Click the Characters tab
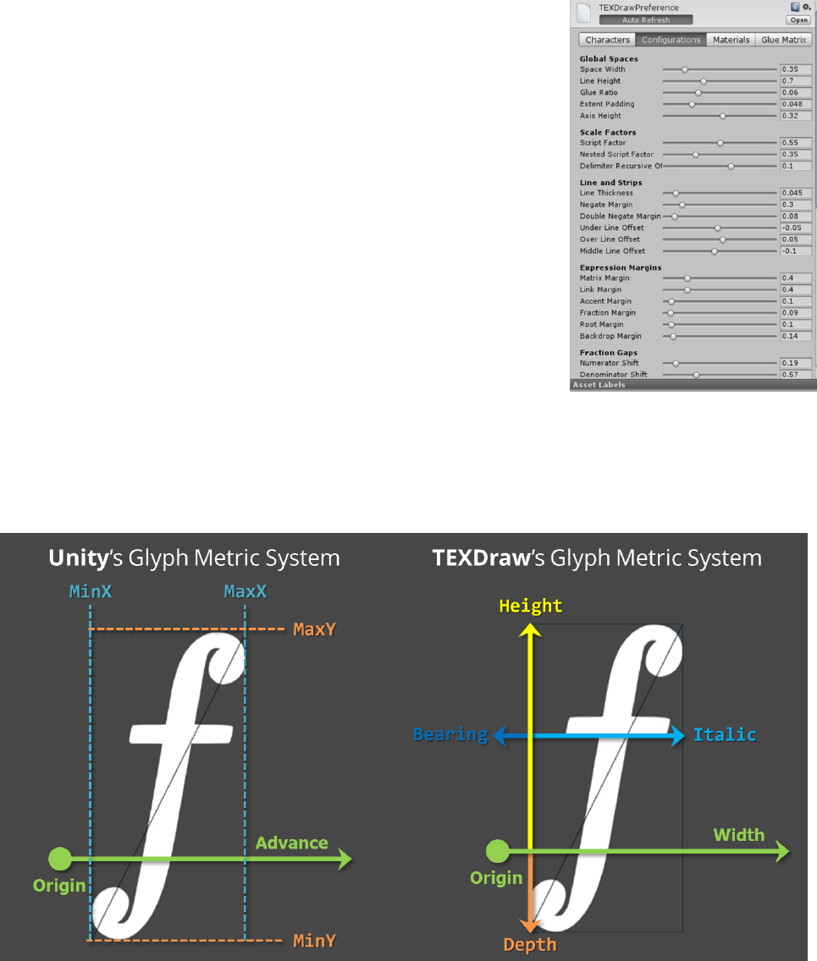606,40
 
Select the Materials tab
731,40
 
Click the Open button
798,19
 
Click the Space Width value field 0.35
796,69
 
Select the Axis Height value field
796,115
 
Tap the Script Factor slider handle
720,143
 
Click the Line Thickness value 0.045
796,193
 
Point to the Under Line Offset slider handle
718,228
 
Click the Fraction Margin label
607,313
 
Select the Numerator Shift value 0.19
796,363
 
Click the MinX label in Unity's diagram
90,592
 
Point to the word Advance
292,843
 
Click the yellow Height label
531,606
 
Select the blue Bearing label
450,734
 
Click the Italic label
724,734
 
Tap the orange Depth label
529,945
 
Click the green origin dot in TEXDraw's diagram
499,850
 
